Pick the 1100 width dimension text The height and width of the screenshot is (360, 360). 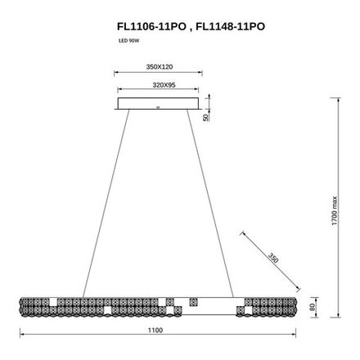157,329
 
